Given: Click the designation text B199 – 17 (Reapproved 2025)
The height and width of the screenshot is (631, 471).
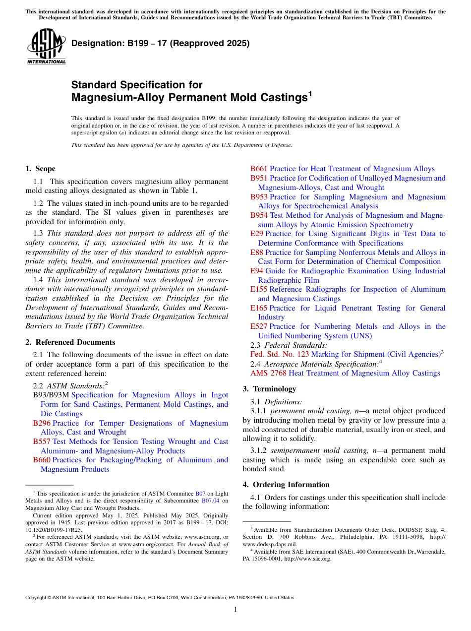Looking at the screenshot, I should (160, 43).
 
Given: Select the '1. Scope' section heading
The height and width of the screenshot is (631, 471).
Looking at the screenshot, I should (40, 169).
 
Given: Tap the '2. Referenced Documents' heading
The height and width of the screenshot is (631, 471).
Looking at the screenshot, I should (70, 342).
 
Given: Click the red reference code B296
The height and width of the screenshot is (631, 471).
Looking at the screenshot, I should (42, 423).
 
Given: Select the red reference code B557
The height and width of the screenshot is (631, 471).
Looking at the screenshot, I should (42, 442).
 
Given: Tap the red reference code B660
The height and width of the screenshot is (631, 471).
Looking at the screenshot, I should (42, 460).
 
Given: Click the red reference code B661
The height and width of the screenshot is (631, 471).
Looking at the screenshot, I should (259, 169).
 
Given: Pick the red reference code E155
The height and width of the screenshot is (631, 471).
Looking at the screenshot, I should (259, 289).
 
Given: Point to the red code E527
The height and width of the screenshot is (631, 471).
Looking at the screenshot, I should (259, 326).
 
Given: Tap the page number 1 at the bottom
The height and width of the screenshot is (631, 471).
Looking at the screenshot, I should (235, 609).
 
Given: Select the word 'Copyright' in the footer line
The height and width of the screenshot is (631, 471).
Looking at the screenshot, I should (37, 598).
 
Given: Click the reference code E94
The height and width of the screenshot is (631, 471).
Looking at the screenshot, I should (257, 271).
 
